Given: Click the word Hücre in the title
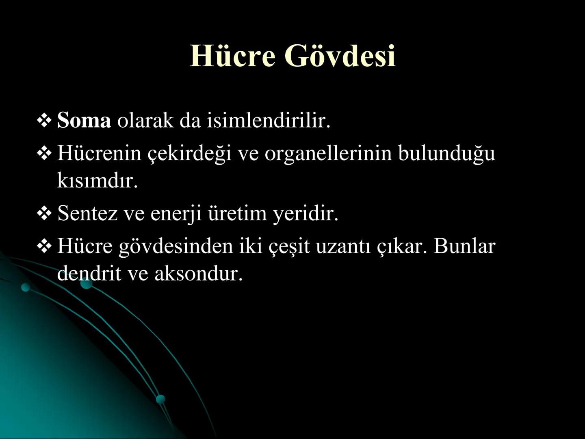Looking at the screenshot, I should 233,56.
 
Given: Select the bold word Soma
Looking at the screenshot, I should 84,121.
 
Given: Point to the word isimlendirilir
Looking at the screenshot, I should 269,121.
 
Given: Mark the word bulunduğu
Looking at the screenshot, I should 446,154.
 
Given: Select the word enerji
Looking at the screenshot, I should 176,213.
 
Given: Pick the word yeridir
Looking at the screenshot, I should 305,213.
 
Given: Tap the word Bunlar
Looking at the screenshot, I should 464,246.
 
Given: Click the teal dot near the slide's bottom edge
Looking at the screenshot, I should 161,399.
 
